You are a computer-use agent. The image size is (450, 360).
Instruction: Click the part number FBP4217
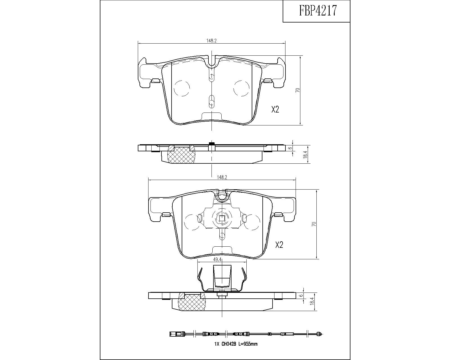[318, 11]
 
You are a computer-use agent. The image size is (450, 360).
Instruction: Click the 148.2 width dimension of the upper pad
[211, 41]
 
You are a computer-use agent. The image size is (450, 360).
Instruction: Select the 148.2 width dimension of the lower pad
[222, 177]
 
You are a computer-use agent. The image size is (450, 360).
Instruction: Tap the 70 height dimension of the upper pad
[298, 90]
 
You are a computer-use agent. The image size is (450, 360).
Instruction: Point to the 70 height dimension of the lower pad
[314, 224]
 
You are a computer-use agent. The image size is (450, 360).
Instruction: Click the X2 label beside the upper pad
[275, 109]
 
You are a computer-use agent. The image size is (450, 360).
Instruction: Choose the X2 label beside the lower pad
[279, 245]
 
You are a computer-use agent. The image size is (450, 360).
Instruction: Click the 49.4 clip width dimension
[217, 260]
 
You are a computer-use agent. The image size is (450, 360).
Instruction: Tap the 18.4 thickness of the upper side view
[306, 154]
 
